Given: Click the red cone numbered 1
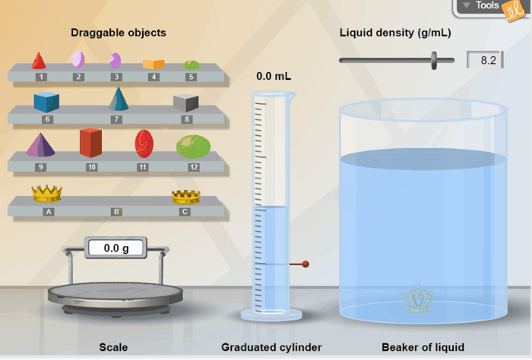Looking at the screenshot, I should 39,60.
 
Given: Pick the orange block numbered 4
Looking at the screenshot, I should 154,64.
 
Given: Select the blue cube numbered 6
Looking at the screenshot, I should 46,101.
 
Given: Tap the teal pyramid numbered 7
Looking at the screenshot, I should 118,99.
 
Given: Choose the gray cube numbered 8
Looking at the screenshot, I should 185,102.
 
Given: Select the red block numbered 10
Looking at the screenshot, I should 90,142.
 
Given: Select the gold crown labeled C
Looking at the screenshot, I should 185,196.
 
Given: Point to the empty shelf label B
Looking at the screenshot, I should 116,212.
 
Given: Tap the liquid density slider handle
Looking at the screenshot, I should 435,60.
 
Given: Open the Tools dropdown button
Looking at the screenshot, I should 481,6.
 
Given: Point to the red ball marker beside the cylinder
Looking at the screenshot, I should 306,264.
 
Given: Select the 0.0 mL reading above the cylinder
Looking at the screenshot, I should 274,76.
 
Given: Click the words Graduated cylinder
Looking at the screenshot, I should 271,347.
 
